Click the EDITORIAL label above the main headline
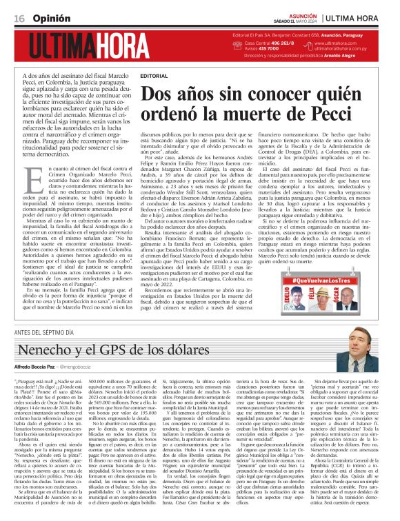click(153, 75)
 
